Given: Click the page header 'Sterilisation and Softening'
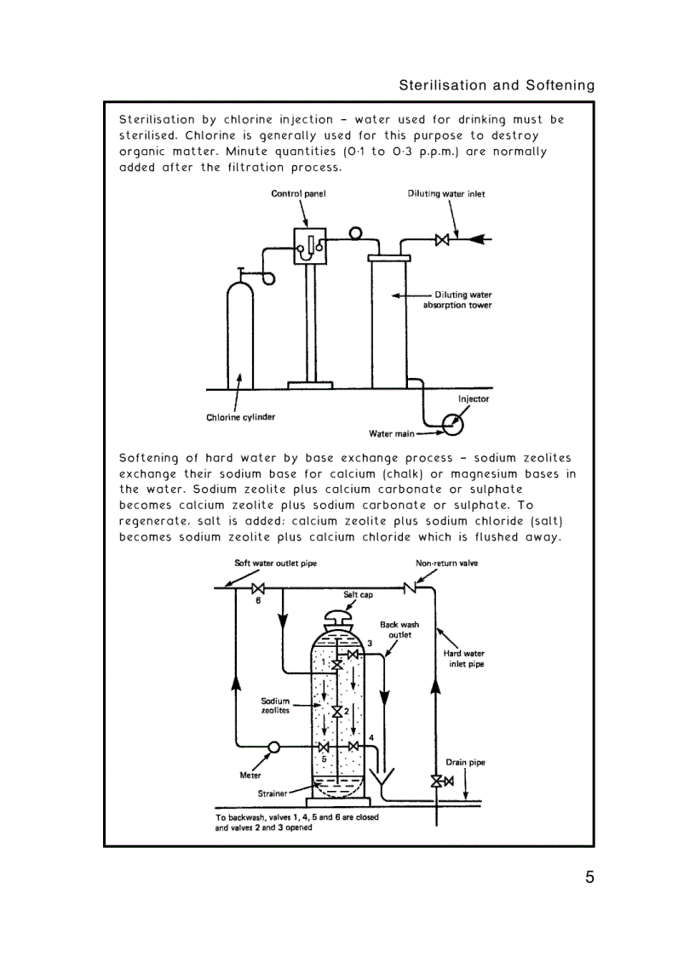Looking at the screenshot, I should (497, 85).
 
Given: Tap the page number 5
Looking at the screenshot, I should (589, 878).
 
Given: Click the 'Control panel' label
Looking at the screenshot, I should (298, 193).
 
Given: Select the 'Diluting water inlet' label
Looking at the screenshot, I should (446, 193).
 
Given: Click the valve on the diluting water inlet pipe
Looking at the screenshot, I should (442, 240).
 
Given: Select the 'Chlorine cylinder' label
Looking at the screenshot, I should (241, 417).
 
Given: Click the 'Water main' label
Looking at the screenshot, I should (392, 433).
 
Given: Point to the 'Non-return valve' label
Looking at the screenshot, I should (446, 564).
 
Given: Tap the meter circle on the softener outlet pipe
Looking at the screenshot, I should (274, 747).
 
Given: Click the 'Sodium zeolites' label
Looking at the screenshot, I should (275, 706).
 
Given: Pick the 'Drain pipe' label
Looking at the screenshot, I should (465, 762).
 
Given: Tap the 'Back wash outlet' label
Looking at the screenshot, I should (399, 629).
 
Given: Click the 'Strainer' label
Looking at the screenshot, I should (273, 793).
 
